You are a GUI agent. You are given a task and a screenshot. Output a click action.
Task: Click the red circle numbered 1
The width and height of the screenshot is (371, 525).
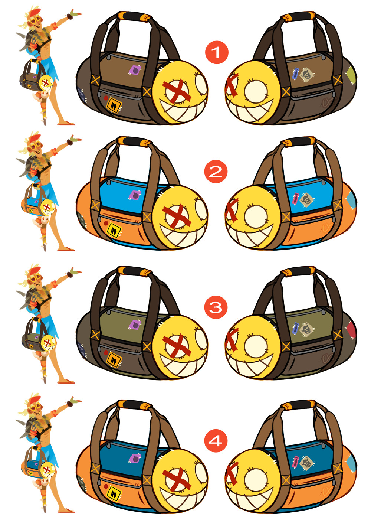click(216, 52)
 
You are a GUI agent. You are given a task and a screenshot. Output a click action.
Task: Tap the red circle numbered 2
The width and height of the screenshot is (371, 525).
click(216, 172)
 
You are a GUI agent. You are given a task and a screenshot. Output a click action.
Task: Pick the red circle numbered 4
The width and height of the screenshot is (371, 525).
click(216, 441)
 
